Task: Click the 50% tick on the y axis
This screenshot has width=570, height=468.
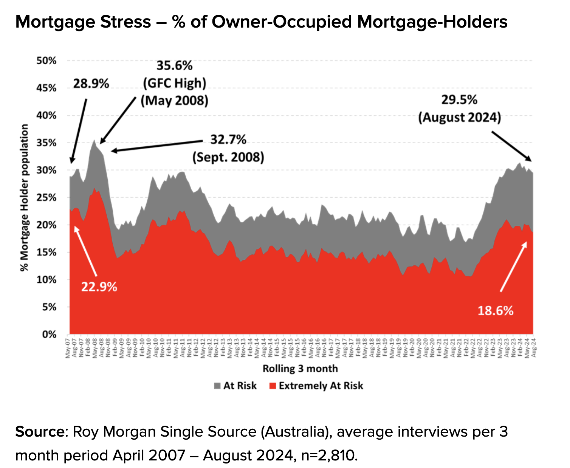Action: click(x=46, y=60)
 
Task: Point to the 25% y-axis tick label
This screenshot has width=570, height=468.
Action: click(x=46, y=198)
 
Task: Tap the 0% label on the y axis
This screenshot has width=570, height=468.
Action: click(x=49, y=335)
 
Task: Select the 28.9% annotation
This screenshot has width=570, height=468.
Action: click(x=91, y=84)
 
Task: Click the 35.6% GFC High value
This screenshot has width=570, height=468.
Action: click(x=175, y=66)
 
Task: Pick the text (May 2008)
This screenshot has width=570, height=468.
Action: click(x=175, y=101)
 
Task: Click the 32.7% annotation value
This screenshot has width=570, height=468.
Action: click(x=228, y=139)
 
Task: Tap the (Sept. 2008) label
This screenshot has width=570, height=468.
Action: click(x=228, y=157)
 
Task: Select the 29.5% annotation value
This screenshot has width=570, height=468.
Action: click(x=459, y=100)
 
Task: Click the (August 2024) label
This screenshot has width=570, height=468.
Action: click(x=459, y=117)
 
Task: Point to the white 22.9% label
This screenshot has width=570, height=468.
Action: click(x=99, y=287)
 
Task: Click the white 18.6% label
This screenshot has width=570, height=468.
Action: click(x=496, y=311)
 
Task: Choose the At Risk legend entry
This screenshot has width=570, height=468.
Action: click(x=235, y=386)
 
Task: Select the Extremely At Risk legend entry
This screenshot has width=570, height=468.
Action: click(x=316, y=386)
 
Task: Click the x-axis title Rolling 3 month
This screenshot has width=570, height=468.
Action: click(x=300, y=368)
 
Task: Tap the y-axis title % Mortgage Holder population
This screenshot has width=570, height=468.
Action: click(x=25, y=198)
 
